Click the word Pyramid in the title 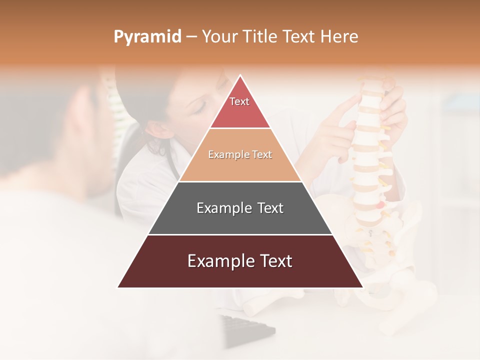(x=147, y=37)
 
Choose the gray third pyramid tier (x=240, y=208)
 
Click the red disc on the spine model (x=381, y=204)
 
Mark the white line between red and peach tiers (x=240, y=128)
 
